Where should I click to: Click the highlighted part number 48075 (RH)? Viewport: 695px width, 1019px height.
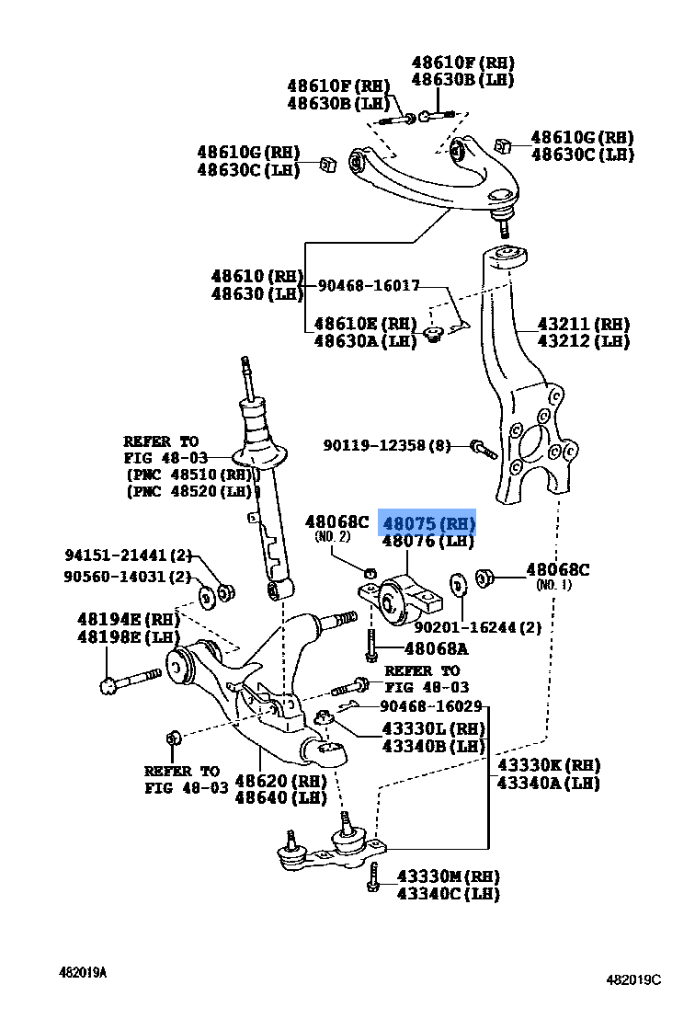(428, 524)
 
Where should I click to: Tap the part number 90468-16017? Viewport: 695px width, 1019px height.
(369, 286)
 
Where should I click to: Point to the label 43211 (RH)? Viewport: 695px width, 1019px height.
(583, 325)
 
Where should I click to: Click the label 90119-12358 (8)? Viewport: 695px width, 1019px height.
(387, 445)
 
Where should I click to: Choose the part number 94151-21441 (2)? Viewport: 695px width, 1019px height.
(128, 555)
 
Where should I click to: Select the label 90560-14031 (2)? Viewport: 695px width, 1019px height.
(128, 577)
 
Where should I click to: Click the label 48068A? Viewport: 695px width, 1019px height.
(437, 648)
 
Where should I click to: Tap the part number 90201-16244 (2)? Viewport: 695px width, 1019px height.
(477, 627)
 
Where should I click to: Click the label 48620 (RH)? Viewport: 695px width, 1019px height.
(280, 781)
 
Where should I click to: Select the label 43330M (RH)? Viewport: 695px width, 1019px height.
(448, 876)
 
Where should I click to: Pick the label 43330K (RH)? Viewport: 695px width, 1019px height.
(548, 765)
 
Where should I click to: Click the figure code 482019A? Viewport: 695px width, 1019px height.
(83, 972)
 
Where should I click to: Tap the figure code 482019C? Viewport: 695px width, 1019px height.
(632, 979)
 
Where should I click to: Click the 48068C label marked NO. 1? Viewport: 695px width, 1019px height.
(557, 570)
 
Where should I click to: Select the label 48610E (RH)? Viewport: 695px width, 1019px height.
(365, 324)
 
